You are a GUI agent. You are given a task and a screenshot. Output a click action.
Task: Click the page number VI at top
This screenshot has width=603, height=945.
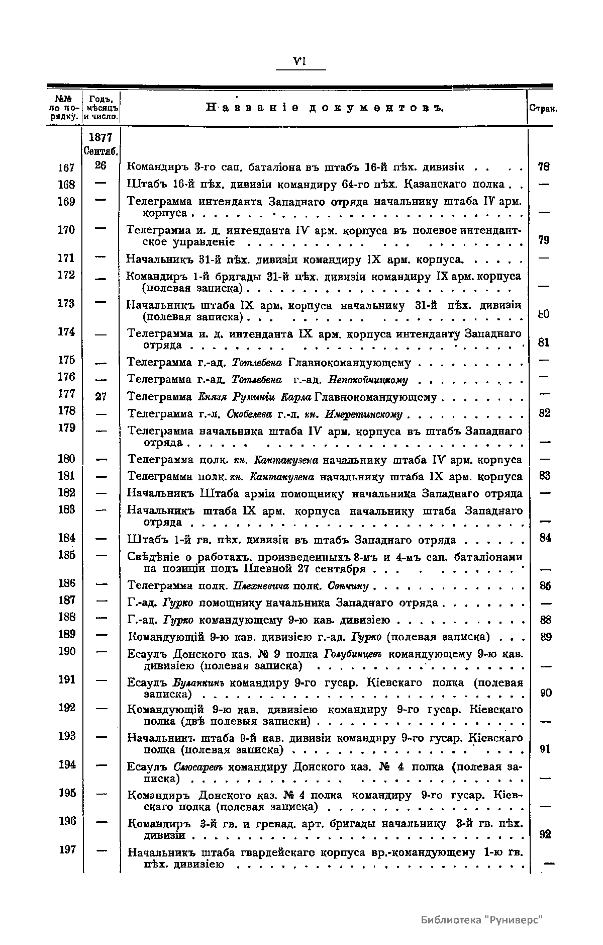pos(300,61)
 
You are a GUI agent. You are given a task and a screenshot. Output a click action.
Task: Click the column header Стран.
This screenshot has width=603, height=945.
pos(543,109)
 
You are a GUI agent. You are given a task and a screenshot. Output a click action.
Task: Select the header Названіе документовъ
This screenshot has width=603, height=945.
pos(324,108)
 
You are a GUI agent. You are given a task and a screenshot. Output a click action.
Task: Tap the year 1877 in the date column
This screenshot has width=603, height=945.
pos(100,137)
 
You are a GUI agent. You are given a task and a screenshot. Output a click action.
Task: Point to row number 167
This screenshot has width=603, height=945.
pos(66,167)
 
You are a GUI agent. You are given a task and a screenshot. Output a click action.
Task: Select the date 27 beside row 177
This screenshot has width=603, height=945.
pos(101,397)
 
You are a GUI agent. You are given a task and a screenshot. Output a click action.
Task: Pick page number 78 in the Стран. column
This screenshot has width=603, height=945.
pos(544,166)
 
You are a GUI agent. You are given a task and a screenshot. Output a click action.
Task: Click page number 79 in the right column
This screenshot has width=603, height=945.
pos(544,240)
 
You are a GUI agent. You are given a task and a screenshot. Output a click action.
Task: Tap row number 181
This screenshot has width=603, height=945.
pos(66,476)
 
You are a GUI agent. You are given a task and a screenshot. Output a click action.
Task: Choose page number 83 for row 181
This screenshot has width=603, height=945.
pos(545,476)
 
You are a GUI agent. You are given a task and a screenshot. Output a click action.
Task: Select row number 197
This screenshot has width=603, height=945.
pos(66,850)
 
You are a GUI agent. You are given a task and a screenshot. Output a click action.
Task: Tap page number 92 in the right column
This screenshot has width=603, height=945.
pos(545,834)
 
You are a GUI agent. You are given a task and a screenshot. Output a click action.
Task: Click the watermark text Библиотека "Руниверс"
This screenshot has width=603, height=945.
pos(482,920)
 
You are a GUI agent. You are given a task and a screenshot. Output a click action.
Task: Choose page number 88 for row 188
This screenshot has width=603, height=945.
pos(545,621)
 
